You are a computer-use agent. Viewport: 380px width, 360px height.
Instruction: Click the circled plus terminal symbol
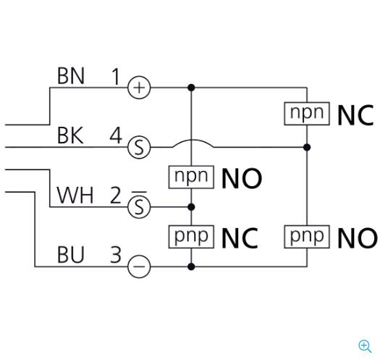[139, 88]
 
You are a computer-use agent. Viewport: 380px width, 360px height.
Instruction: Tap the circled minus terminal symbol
[139, 267]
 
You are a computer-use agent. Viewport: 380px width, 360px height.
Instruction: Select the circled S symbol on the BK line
[139, 147]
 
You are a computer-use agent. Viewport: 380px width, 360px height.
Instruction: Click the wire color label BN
[71, 76]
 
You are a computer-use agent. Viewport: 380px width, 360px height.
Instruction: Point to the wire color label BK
[70, 135]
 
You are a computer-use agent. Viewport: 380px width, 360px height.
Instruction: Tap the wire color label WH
[75, 196]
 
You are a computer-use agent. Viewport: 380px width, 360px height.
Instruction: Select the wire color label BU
[70, 255]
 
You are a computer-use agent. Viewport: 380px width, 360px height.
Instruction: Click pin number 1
[116, 76]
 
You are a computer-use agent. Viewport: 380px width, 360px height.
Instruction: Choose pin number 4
[116, 135]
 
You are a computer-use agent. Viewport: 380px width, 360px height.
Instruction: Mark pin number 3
[116, 255]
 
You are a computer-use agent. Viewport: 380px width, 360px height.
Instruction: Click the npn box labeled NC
[307, 114]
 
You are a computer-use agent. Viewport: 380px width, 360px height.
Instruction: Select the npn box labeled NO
[191, 177]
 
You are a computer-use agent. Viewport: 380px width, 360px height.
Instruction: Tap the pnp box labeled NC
[191, 237]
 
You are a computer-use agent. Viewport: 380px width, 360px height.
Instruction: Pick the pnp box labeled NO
[307, 237]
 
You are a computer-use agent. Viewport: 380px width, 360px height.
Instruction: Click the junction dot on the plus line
[191, 88]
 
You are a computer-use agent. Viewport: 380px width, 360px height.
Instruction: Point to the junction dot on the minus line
[191, 267]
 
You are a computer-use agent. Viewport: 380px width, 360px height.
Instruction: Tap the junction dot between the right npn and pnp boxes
[307, 147]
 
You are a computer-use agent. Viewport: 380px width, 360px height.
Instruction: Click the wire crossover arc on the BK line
[193, 141]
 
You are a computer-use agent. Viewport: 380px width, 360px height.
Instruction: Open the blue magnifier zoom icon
[365, 346]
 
